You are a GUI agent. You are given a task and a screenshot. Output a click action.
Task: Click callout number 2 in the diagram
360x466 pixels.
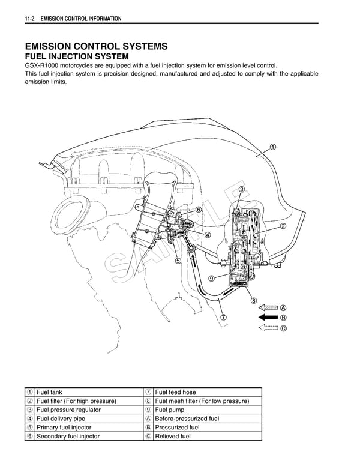tap(282, 226)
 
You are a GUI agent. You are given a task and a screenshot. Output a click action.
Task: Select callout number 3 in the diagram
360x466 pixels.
tap(241, 190)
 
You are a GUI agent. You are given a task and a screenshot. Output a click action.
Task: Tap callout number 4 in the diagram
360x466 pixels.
tap(208, 235)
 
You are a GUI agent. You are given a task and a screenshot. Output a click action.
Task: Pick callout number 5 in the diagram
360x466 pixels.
tap(178, 261)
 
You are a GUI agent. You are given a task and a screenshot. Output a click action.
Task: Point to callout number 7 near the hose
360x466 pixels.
tap(223, 317)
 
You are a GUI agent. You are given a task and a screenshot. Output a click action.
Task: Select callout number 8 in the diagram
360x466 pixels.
tap(254, 301)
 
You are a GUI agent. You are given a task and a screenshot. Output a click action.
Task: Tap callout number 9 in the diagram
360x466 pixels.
tap(211, 278)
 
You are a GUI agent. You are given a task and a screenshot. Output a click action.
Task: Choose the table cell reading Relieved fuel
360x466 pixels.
tap(172, 436)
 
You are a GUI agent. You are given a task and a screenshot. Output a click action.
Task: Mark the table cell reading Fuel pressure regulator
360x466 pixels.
tap(68, 410)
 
